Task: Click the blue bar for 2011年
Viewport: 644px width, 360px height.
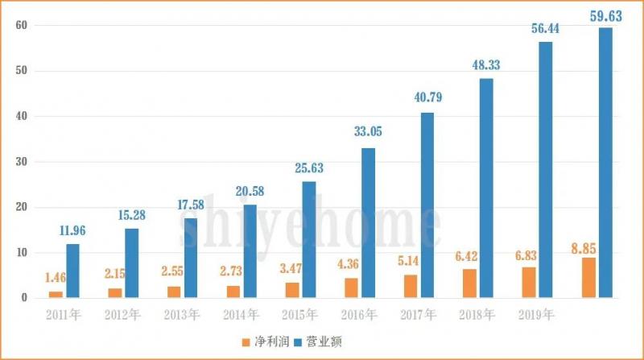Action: (73, 271)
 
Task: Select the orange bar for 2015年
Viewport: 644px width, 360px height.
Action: (293, 290)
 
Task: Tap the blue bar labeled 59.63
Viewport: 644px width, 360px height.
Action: (605, 163)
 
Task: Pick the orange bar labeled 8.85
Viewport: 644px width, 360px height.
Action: (589, 278)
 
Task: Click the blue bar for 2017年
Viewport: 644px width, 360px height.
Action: (427, 205)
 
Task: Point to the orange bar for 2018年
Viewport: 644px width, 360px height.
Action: (470, 283)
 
